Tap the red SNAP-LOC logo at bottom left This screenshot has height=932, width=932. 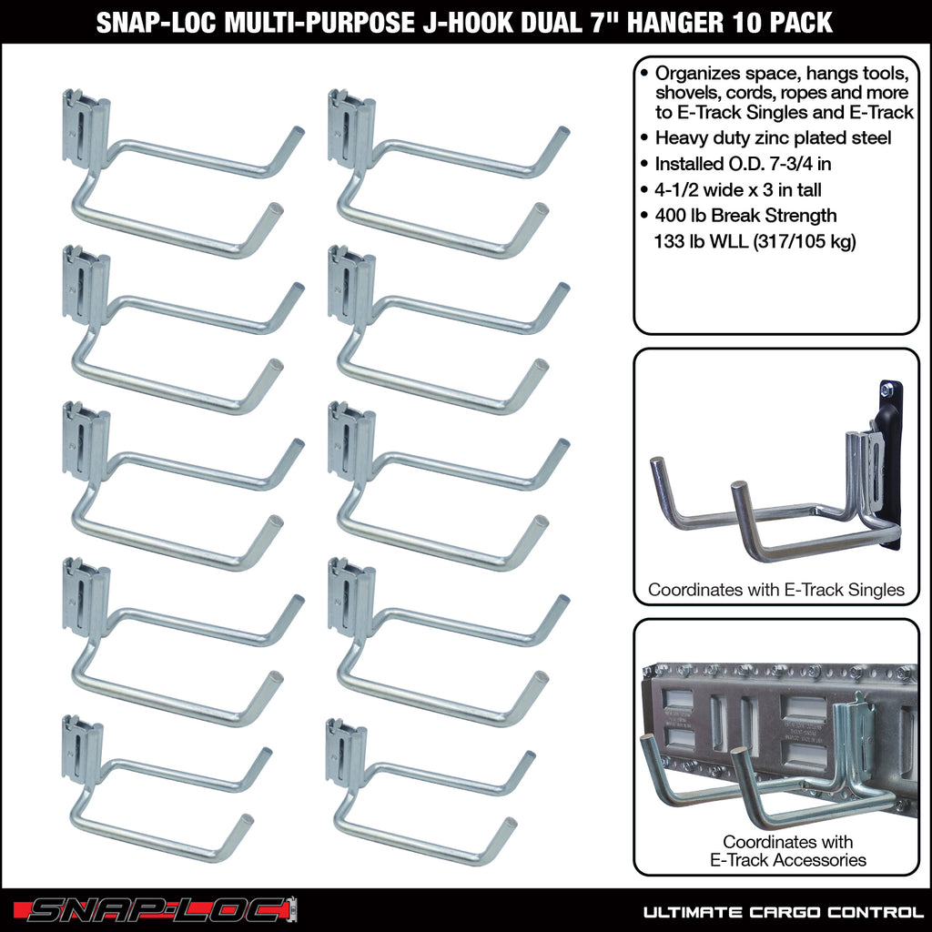162,909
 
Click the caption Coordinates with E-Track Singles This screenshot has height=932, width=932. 776,590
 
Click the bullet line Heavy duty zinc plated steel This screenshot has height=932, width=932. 773,137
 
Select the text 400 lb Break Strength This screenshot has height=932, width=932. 745,216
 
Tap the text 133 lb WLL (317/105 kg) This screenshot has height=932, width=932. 755,241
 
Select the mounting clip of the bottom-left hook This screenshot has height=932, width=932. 82,750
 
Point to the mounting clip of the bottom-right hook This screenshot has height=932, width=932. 346,752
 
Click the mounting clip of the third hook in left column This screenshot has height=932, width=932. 86,442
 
